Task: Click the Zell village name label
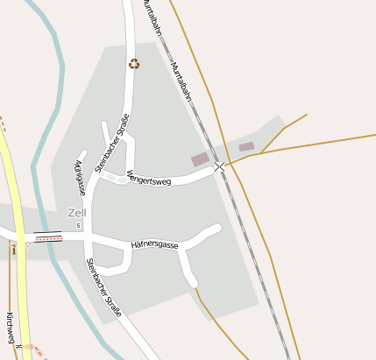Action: [x=77, y=212]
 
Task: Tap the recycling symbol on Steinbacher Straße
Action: [x=134, y=63]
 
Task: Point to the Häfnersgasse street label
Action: [x=154, y=246]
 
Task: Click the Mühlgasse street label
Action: [x=79, y=177]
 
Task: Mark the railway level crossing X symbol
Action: [x=219, y=166]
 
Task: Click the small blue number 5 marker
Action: [x=78, y=226]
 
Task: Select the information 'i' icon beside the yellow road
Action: [x=14, y=250]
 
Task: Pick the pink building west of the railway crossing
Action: [x=200, y=159]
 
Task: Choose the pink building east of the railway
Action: [x=246, y=146]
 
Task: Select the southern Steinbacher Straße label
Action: [x=103, y=286]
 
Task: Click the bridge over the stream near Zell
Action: [x=47, y=236]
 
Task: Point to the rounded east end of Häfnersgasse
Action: [x=216, y=229]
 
